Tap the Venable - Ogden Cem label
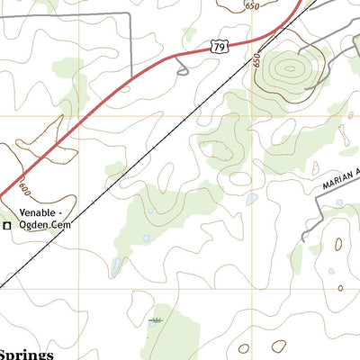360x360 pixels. [45, 220]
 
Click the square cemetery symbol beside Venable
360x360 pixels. [8, 226]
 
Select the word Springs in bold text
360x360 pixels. [27, 354]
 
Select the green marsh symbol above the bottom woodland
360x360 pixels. [157, 320]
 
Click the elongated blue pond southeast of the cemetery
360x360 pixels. [116, 265]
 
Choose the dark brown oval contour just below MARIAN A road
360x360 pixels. [338, 243]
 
